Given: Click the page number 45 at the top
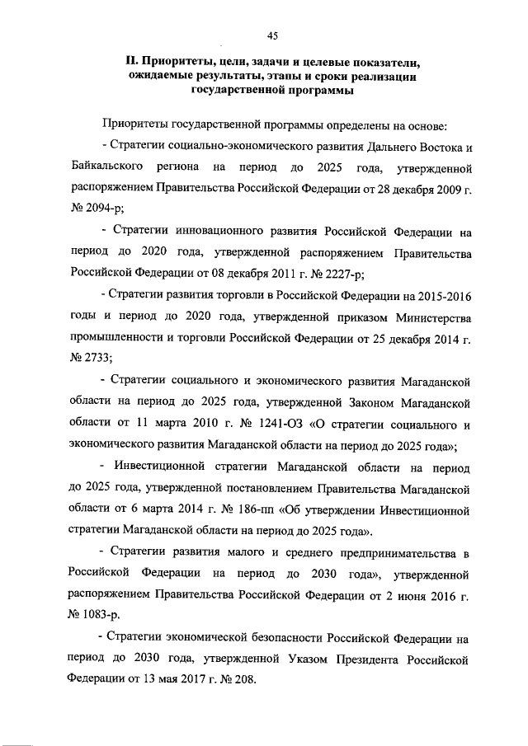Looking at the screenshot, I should pyautogui.click(x=272, y=34).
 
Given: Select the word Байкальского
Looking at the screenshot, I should pyautogui.click(x=110, y=167).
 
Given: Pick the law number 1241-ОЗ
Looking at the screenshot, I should pyautogui.click(x=281, y=425).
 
